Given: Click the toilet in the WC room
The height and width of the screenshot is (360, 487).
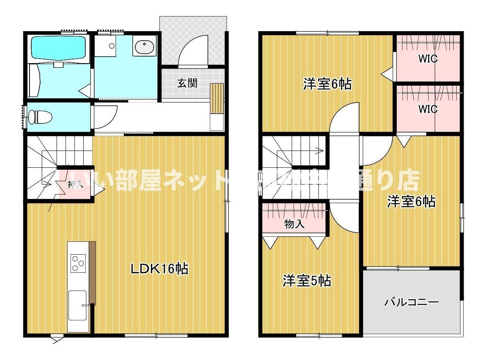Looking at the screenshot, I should [x=41, y=118].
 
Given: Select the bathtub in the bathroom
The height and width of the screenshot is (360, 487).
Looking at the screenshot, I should [x=59, y=48].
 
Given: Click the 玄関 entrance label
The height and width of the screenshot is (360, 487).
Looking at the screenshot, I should [x=187, y=83].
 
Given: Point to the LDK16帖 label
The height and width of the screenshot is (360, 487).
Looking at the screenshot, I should [x=159, y=269].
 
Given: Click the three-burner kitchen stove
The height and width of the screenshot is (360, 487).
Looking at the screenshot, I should [x=77, y=263].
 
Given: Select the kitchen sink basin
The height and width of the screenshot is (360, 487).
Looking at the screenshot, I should [x=77, y=305].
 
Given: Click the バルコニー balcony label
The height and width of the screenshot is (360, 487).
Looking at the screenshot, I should [x=411, y=303].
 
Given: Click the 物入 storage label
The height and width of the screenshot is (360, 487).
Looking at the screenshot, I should [x=294, y=224].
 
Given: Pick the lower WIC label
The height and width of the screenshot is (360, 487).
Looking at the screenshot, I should [x=428, y=109].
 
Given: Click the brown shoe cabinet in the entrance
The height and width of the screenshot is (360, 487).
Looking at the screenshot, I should [x=217, y=98].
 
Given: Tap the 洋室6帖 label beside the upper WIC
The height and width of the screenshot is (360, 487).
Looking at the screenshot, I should [x=327, y=84].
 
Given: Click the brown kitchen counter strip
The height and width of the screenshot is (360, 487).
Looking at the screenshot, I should [x=92, y=272].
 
